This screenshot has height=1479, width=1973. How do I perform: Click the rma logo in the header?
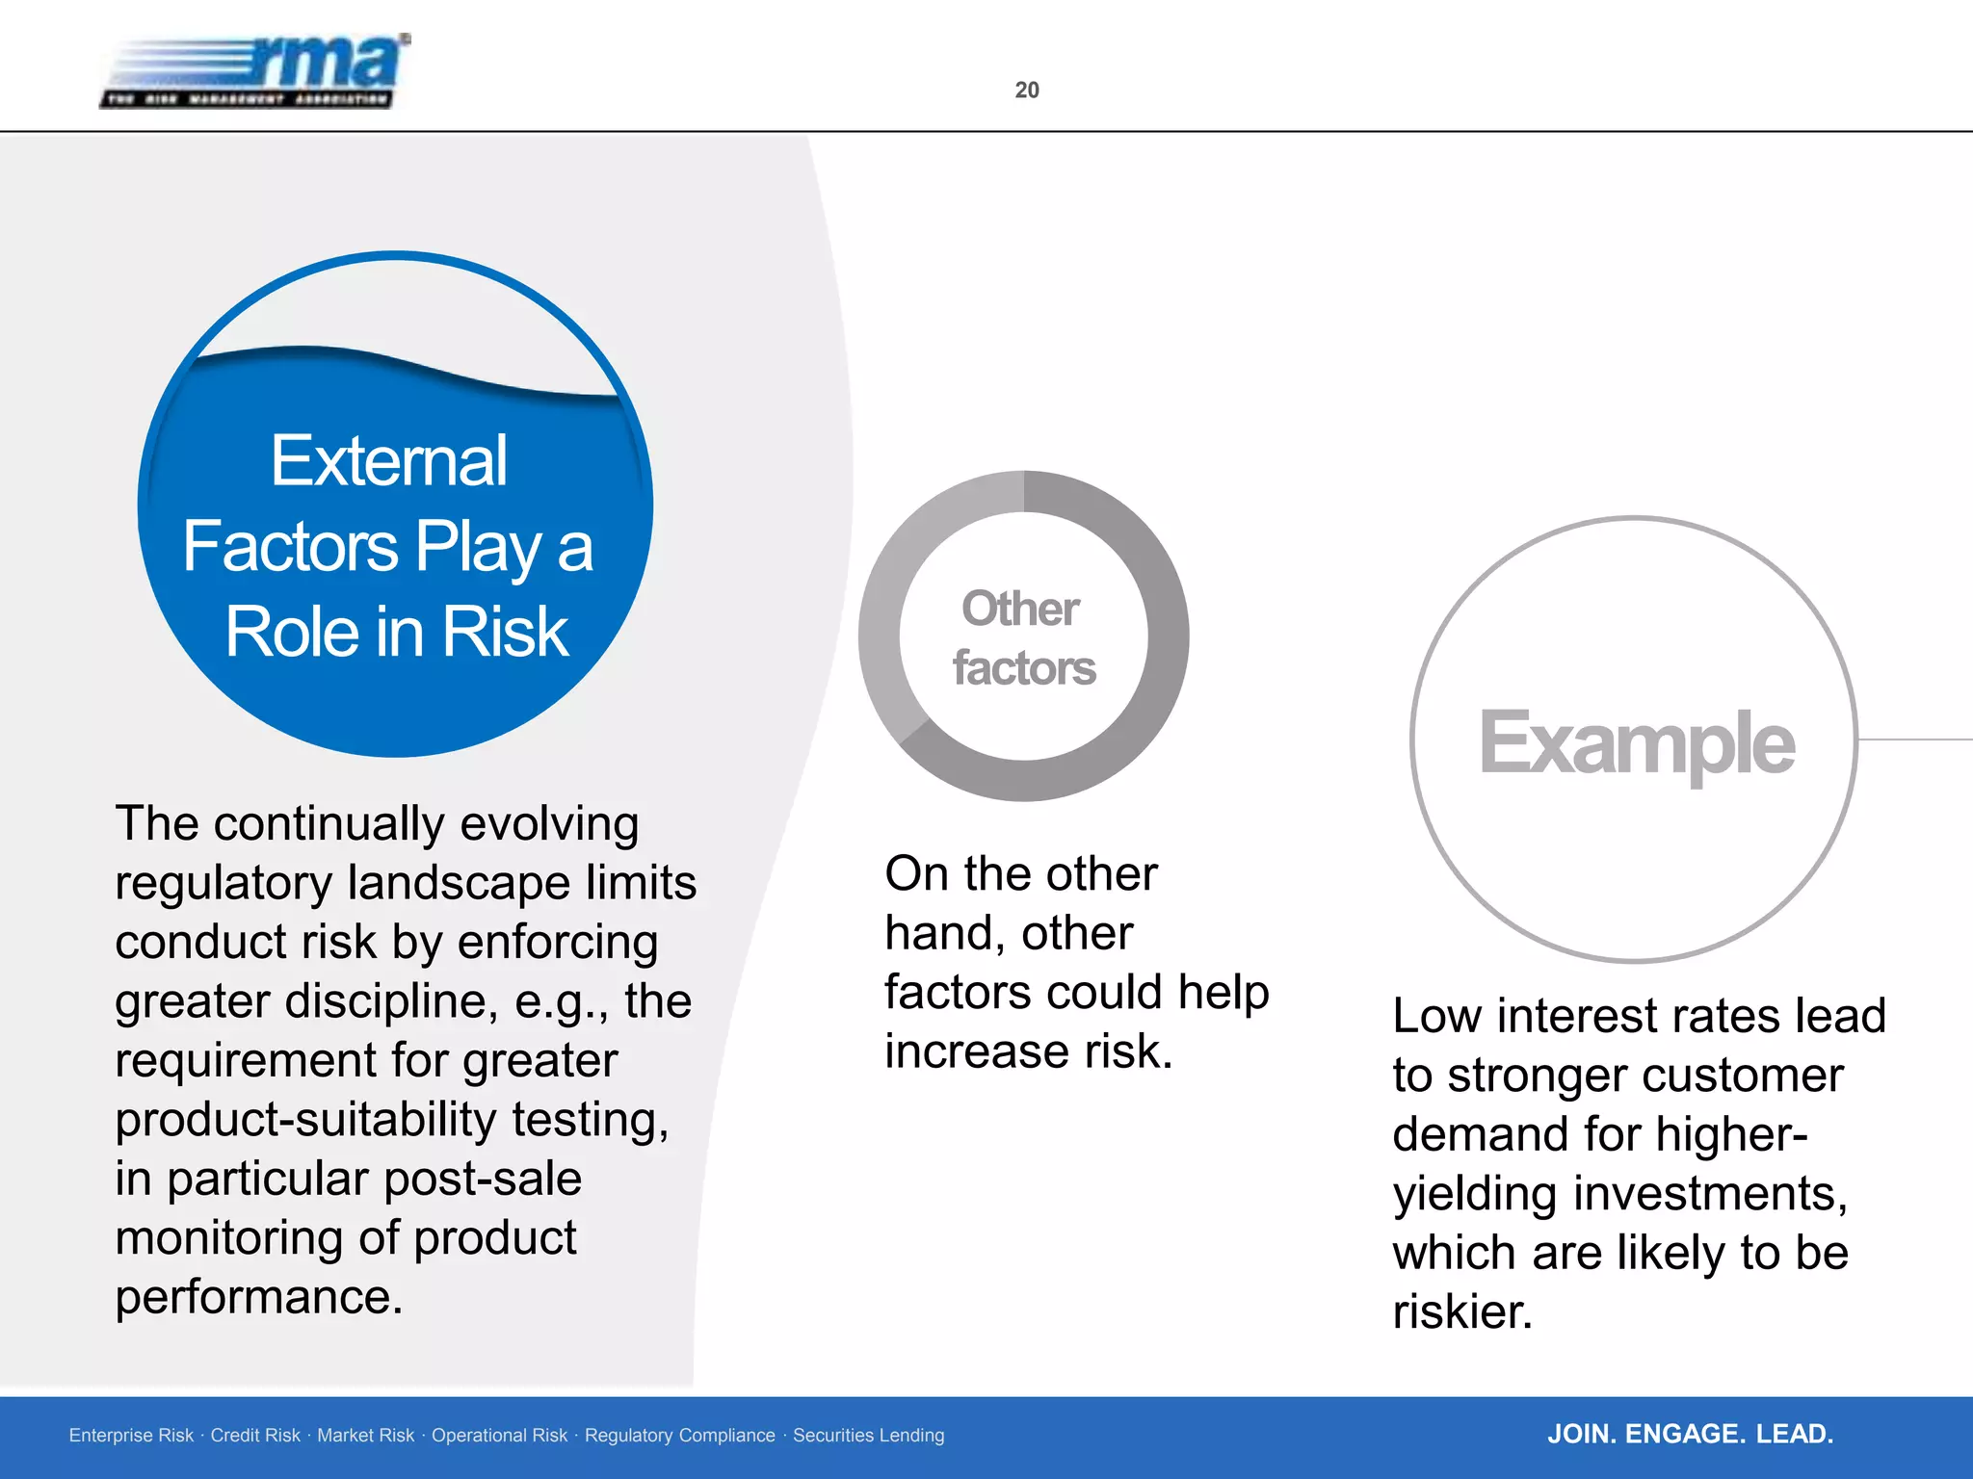tap(255, 71)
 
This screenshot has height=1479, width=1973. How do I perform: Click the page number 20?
tap(1027, 90)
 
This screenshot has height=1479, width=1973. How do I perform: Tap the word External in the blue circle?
tap(388, 461)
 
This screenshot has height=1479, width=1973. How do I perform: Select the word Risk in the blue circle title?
tap(505, 633)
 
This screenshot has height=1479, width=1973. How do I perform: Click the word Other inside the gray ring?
tap(1020, 609)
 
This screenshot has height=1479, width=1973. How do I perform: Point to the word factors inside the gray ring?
tap(1024, 668)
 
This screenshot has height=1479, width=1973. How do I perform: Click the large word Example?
tap(1636, 742)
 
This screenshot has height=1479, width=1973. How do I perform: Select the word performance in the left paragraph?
tap(257, 1297)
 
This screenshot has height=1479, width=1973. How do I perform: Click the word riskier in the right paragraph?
tap(1461, 1311)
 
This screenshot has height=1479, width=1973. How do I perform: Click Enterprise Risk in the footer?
tap(131, 1436)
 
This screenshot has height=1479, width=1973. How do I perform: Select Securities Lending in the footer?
tap(868, 1436)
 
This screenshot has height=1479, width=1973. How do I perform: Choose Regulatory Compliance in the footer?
tap(679, 1436)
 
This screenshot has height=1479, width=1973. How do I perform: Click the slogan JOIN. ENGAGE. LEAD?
tap(1690, 1434)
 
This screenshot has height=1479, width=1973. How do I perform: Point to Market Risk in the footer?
tap(365, 1436)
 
